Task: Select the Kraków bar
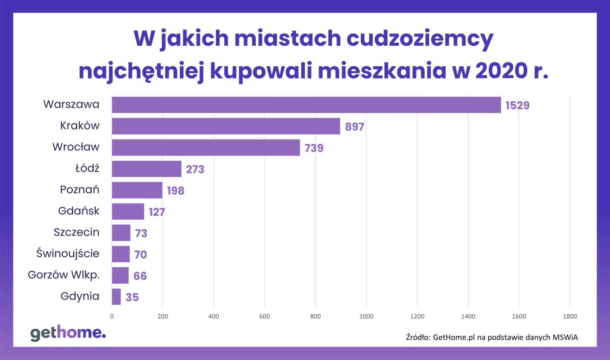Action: tap(226, 126)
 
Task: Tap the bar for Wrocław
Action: tap(206, 148)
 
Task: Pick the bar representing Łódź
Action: tap(146, 169)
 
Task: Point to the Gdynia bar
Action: tap(116, 297)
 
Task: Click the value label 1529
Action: tap(517, 105)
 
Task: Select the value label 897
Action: tap(354, 127)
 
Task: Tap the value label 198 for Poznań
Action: tap(175, 191)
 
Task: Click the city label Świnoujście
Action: tap(68, 253)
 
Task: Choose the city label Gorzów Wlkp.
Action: tap(64, 275)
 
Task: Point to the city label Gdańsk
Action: tap(79, 211)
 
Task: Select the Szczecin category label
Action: tap(77, 232)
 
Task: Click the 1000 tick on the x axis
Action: tap(366, 316)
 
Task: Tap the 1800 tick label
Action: tap(569, 316)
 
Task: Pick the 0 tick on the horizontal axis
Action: tap(112, 316)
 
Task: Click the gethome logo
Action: tap(68, 333)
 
